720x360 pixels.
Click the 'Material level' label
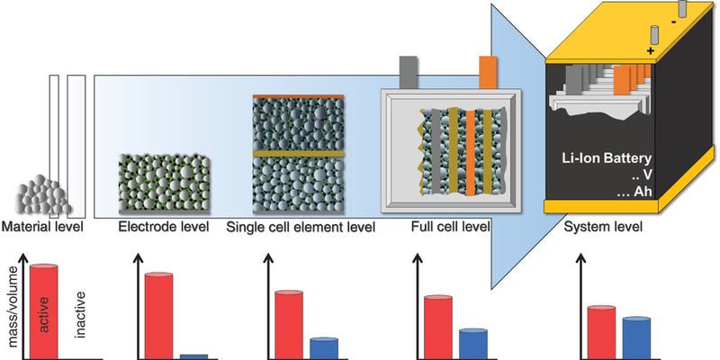point(42,227)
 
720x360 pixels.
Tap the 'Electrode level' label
point(164,227)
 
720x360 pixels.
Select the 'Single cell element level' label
point(301,227)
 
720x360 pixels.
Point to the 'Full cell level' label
point(451,227)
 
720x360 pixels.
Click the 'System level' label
point(602,227)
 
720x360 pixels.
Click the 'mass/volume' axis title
point(14,306)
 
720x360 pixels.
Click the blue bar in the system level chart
point(636,338)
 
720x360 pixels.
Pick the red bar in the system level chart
point(601,332)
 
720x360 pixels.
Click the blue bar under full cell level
point(473,344)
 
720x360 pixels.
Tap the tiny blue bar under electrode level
point(193,356)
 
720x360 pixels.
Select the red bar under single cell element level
point(289,325)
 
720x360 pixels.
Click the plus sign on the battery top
point(650,51)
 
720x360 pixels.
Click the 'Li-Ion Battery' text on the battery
point(607,159)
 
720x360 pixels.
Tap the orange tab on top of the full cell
point(487,72)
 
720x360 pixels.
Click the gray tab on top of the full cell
point(409,72)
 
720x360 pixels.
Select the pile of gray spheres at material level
point(42,195)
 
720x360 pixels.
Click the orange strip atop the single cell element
point(298,96)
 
